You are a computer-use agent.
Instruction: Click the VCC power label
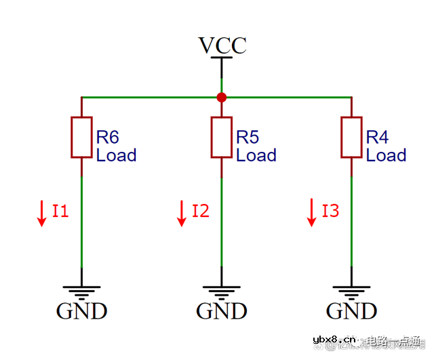222,45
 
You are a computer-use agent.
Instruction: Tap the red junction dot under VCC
222,98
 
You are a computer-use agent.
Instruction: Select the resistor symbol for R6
82,138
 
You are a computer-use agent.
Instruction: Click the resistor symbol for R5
222,138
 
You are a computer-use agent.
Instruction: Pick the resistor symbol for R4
351,138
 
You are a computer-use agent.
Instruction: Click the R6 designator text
108,138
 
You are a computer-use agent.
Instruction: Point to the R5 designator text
248,138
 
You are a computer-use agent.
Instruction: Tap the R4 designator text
377,138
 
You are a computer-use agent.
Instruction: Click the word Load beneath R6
116,155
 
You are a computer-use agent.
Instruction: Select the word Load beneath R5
256,155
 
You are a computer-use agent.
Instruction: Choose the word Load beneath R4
386,155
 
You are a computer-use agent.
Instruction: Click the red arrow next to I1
42,212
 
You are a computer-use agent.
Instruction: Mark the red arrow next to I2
182,212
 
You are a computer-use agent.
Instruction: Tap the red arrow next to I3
312,212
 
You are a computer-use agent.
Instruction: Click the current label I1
60,211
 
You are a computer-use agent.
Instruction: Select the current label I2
200,211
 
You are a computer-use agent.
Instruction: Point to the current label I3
330,211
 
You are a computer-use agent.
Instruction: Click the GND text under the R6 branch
81,311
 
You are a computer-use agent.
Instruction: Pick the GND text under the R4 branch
351,311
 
